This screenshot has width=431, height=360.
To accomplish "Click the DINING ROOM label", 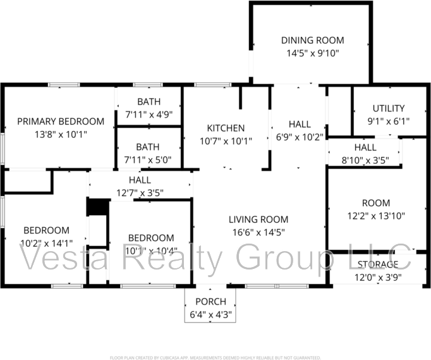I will pyautogui.click(x=310, y=40).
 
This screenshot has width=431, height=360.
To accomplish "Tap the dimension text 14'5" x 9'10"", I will pyautogui.click(x=310, y=53).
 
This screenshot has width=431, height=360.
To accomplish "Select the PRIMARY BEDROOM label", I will pyautogui.click(x=61, y=121).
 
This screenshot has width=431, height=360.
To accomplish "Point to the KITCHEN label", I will pyautogui.click(x=226, y=128).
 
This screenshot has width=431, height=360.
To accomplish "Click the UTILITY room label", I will pyautogui.click(x=388, y=108).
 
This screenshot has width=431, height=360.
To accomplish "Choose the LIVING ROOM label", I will pyautogui.click(x=257, y=220).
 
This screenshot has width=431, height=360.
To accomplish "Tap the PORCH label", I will pyautogui.click(x=210, y=301).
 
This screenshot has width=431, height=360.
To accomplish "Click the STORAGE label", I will pyautogui.click(x=378, y=264).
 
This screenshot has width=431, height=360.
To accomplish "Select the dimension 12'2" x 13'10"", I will pyautogui.click(x=375, y=216).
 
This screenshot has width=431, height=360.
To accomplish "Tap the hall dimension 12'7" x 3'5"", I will pyautogui.click(x=139, y=192).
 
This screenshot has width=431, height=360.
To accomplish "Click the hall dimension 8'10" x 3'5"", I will pyautogui.click(x=365, y=160).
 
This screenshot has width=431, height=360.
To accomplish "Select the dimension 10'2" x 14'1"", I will pyautogui.click(x=46, y=243).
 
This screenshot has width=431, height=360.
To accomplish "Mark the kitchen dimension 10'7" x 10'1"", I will pyautogui.click(x=226, y=141).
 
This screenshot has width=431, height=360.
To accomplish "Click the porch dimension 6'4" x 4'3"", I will pyautogui.click(x=210, y=313).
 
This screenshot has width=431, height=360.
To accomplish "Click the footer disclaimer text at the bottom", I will pyautogui.click(x=215, y=357).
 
